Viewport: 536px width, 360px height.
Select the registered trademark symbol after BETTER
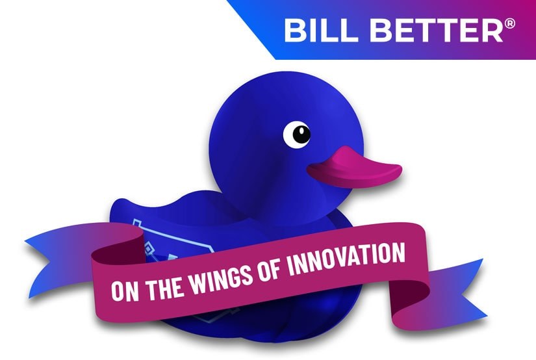510,24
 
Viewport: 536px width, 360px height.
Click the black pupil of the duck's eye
300,135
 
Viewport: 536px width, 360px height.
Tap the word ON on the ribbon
123,289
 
